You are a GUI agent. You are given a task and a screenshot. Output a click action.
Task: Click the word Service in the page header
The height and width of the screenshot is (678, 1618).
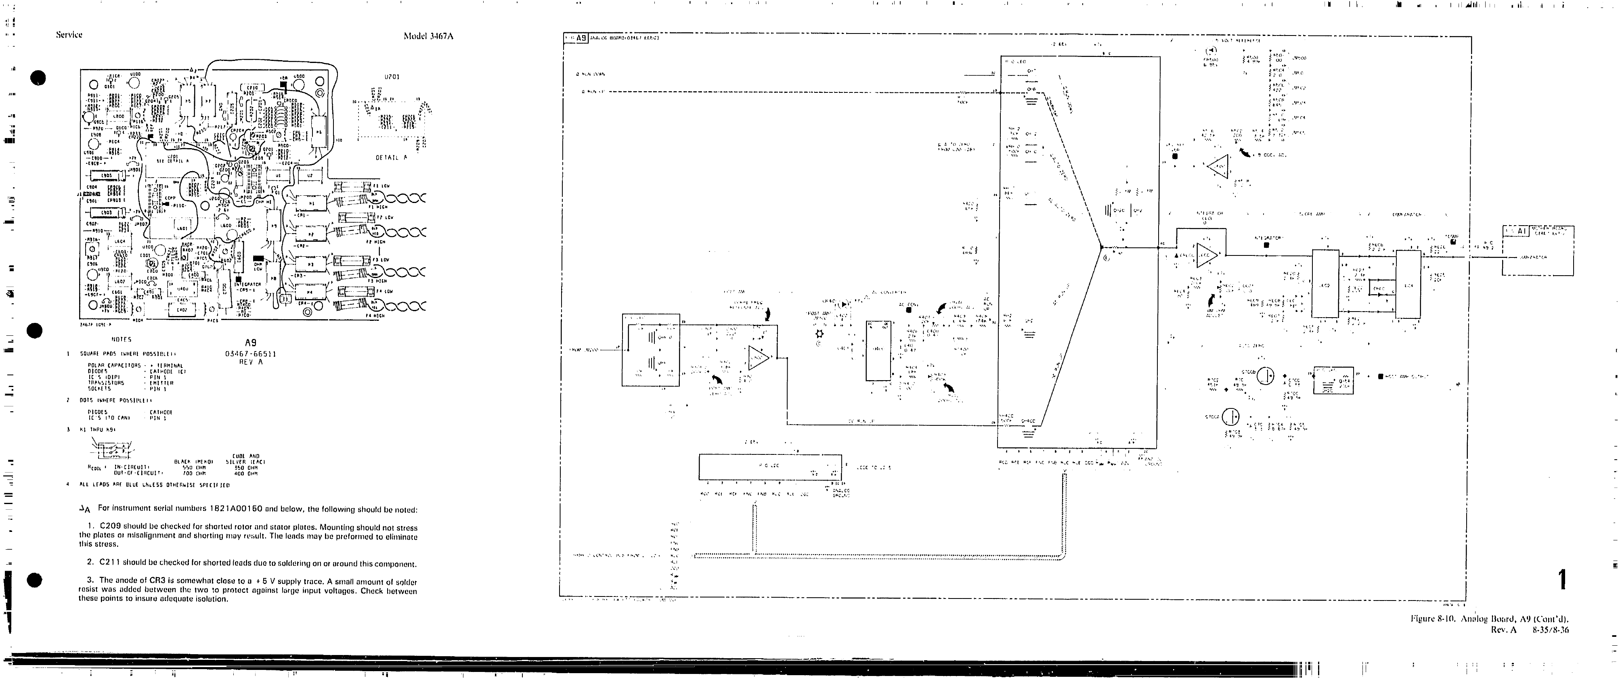[69, 35]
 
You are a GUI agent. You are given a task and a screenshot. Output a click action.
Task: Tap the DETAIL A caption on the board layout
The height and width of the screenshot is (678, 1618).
[391, 157]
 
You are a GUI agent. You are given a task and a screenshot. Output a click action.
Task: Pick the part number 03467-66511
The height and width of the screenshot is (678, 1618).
[251, 354]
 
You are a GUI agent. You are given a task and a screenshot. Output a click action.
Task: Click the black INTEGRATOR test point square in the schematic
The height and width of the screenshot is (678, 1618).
[1266, 245]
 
